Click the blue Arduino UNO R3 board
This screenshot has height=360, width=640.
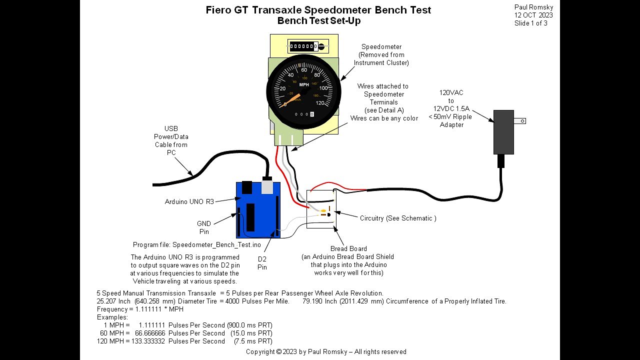coord(257,210)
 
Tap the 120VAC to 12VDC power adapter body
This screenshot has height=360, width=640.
coord(503,132)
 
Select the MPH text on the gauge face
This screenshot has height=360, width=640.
coord(303,84)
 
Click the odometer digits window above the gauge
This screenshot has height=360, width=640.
coord(303,46)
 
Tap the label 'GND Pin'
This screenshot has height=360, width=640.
coord(204,227)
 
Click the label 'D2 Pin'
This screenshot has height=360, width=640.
coord(262,263)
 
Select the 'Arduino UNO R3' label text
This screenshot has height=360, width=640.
coord(189,201)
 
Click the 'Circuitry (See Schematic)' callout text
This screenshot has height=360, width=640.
coord(398,218)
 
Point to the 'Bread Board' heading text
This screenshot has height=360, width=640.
coord(348,248)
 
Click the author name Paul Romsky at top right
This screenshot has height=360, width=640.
coord(533,7)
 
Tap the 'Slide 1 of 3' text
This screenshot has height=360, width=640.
coord(530,23)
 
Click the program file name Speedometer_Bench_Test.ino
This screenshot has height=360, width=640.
coord(216,245)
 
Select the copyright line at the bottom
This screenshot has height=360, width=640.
coord(326,351)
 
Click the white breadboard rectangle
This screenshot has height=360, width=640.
coord(320,209)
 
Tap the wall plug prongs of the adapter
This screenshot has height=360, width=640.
coord(520,120)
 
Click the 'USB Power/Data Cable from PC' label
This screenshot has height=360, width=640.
coord(171,140)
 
